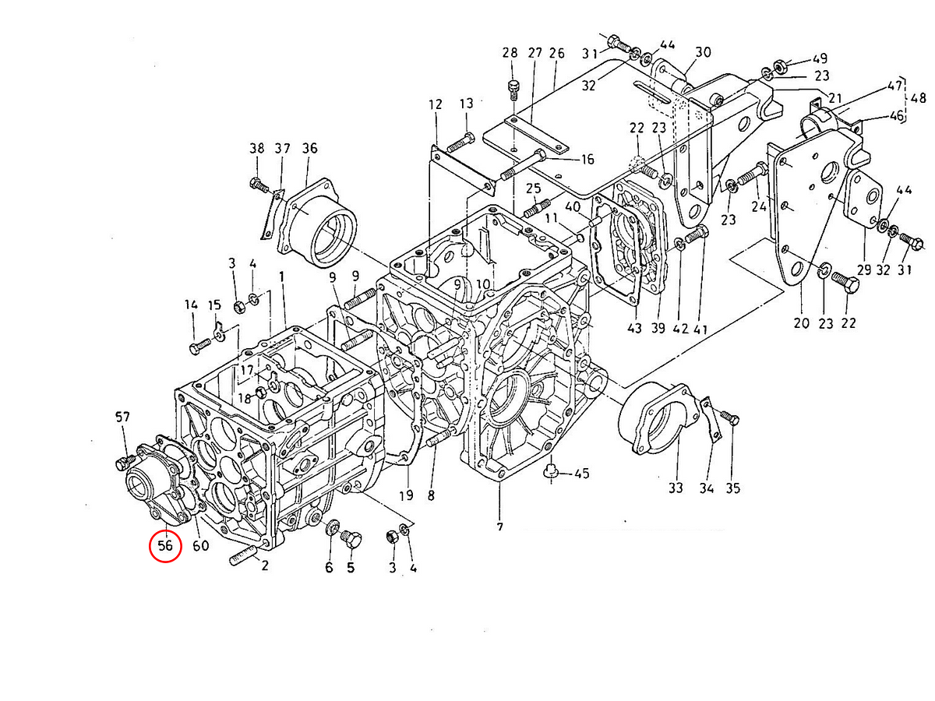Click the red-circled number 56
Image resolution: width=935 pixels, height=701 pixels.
[165, 545]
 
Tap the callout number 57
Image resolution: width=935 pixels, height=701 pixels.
[122, 418]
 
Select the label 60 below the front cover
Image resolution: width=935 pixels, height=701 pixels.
[200, 545]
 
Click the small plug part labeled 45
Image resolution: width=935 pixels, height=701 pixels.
[550, 470]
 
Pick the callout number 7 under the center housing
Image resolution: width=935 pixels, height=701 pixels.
[499, 527]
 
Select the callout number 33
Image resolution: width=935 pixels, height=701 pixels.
[675, 488]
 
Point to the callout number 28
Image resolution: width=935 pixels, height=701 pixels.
[510, 53]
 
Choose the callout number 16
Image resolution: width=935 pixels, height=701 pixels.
[587, 160]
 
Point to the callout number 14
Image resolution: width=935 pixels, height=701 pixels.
[191, 305]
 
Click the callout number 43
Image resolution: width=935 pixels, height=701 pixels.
[634, 329]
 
